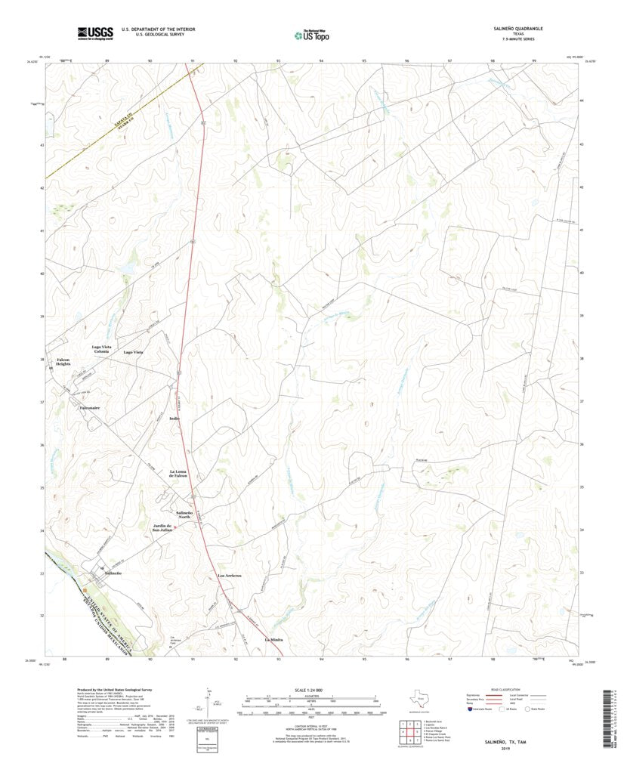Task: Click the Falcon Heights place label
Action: click(x=63, y=362)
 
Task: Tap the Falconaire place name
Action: click(x=90, y=408)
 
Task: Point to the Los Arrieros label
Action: click(x=229, y=576)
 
